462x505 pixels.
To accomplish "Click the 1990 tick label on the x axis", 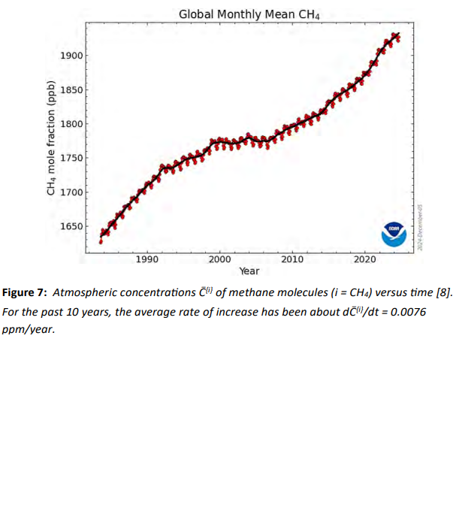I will pyautogui.click(x=147, y=259).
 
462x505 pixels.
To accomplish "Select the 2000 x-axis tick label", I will pyautogui.click(x=219, y=259).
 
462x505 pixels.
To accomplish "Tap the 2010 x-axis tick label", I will pyautogui.click(x=292, y=259).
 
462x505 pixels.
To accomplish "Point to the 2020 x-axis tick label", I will pyautogui.click(x=365, y=259).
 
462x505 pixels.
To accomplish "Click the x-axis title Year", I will pyautogui.click(x=249, y=271).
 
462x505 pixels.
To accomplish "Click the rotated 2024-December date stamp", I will pyautogui.click(x=423, y=222).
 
